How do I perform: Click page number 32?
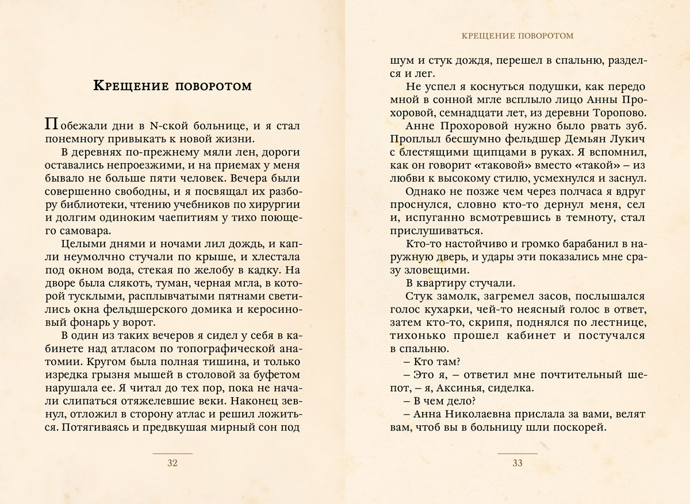(172, 463)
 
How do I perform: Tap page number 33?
(517, 463)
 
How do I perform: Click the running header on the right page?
(517, 36)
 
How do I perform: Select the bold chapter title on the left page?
(172, 87)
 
